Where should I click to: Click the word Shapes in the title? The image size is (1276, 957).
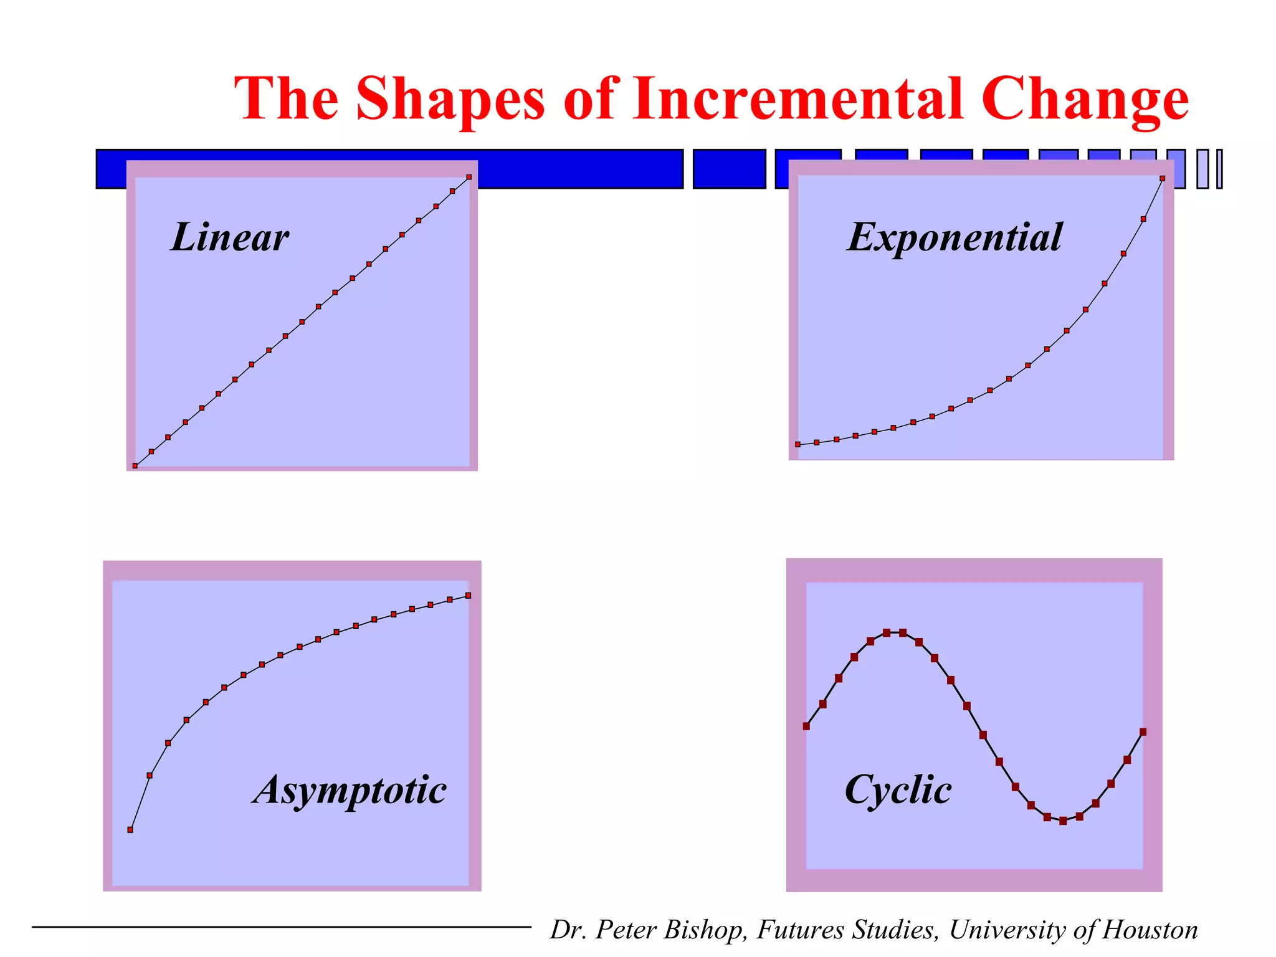point(450,100)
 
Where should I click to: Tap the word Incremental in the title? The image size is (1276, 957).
point(797,100)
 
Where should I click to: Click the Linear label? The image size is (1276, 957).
point(230,237)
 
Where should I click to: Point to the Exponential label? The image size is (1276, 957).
point(955,237)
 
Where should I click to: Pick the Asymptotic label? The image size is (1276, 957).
point(349,791)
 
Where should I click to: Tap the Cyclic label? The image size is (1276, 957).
point(898,791)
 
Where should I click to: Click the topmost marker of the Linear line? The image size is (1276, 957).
point(469,178)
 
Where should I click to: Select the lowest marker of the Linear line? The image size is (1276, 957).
point(135,465)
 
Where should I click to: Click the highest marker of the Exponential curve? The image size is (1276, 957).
point(1162,179)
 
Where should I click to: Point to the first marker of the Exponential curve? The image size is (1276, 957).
point(798,444)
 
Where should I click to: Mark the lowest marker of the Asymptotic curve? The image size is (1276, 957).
point(130,829)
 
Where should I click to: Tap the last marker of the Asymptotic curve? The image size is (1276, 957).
point(469,596)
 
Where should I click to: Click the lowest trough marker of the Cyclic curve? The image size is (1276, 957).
point(1063,821)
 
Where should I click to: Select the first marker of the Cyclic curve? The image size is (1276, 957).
point(806,726)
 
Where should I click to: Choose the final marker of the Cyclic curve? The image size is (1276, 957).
point(1143,732)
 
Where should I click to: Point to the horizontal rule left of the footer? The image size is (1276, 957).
point(280,927)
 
